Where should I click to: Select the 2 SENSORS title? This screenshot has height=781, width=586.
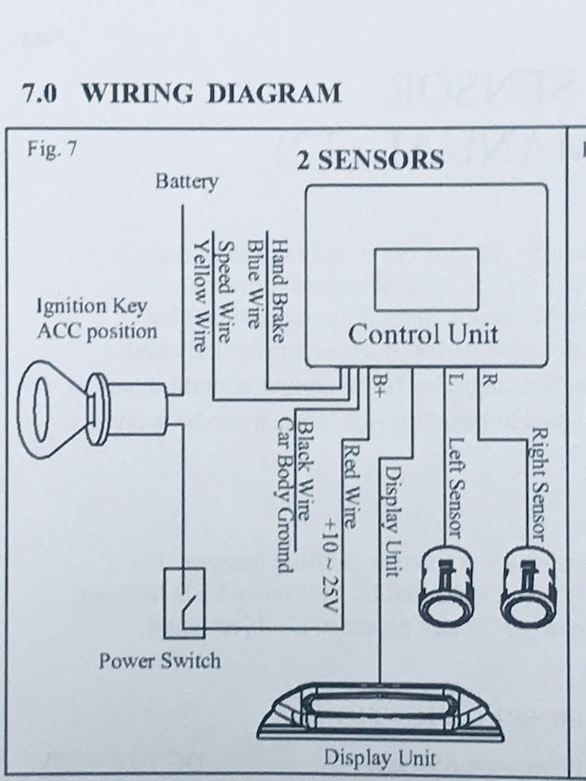[x=369, y=160]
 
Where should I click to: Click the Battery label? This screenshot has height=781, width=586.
[x=186, y=181]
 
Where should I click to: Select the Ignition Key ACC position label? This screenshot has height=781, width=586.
[x=96, y=318]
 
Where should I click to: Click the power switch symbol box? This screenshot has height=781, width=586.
[x=184, y=602]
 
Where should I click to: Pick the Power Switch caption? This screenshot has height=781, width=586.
[x=159, y=660]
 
